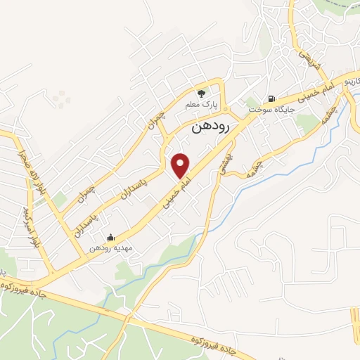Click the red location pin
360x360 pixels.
coord(181,165)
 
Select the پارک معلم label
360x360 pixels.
coord(201,104)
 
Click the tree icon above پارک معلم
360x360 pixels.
coord(201,92)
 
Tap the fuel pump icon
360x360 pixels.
coord(272,98)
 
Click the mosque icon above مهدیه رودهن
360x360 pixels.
coord(110,237)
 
